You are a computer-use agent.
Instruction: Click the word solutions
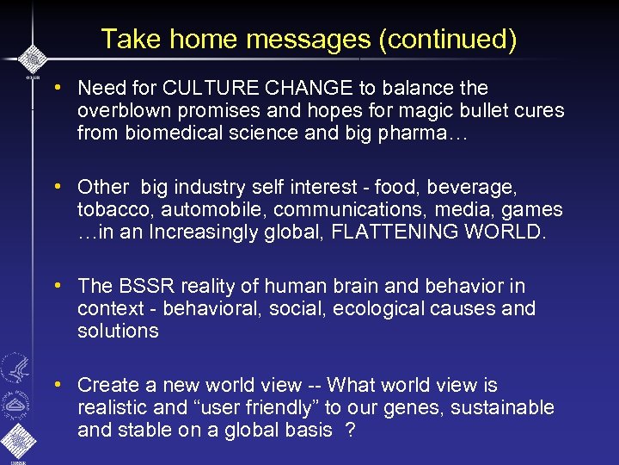click(118, 331)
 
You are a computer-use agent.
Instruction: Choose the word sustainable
click(506, 407)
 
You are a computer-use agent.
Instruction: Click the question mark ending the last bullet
click(350, 430)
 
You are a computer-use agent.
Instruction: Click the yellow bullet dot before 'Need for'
click(56, 88)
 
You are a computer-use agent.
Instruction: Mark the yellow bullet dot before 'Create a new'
click(56, 385)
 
